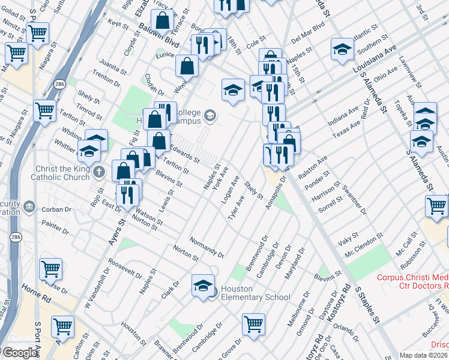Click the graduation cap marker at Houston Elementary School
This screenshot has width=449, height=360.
tap(203, 286)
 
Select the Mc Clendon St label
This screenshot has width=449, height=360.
tap(364, 242)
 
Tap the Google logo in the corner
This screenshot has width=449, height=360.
tap(19, 353)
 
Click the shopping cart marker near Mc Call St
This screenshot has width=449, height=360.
tap(436, 206)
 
